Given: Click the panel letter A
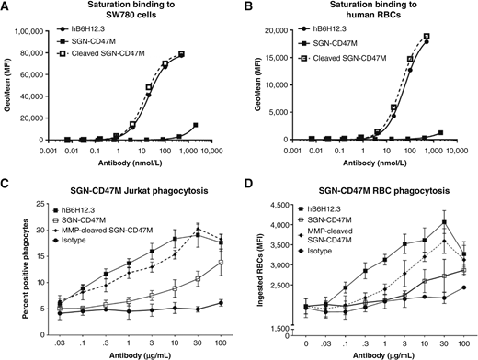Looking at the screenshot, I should (6, 7).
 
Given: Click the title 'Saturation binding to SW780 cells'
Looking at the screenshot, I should (131, 14).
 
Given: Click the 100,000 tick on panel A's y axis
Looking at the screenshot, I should (48, 29).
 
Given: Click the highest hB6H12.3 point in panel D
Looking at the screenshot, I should (444, 222).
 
